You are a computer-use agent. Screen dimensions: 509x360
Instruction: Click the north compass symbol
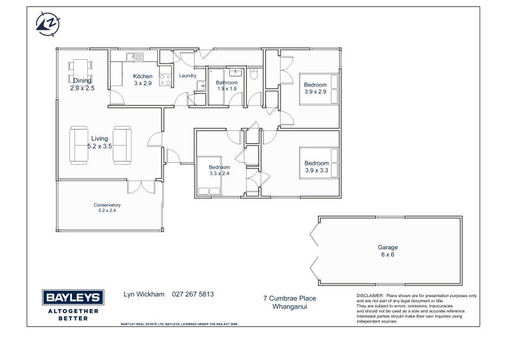48,24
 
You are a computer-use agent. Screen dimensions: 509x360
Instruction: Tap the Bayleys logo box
73,297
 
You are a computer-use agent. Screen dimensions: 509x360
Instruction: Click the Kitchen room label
143,76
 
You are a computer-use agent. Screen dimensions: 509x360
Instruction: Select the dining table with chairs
80,71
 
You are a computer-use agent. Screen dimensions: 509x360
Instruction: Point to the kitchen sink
135,57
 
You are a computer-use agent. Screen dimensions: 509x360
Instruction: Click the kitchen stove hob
165,80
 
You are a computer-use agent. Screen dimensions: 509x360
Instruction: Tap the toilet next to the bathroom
254,73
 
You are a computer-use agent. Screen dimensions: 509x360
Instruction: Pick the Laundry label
188,76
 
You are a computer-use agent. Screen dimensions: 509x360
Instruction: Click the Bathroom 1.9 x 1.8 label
227,86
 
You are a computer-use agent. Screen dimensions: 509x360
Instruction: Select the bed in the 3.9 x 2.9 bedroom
319,89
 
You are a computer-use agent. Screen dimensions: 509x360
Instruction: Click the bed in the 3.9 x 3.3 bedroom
319,163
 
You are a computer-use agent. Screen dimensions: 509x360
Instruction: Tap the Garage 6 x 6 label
387,251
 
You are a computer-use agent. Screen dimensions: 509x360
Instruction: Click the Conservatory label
107,205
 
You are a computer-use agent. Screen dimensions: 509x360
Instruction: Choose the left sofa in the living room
78,145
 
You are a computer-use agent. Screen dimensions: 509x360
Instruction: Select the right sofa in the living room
122,145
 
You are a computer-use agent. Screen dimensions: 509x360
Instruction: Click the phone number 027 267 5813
193,294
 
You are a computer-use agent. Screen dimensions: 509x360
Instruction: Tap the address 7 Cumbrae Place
289,298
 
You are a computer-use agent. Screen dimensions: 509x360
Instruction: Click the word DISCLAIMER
370,296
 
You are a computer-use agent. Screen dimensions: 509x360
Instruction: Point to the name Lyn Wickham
144,294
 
